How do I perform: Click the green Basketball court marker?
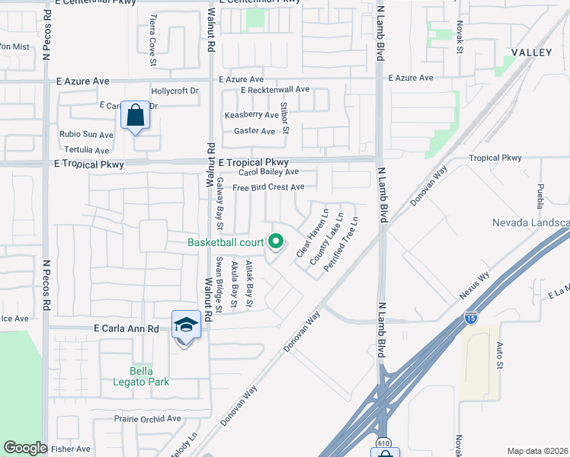pyautogui.click(x=276, y=243)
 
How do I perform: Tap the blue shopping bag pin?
pyautogui.click(x=135, y=117)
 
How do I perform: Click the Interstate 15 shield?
pyautogui.click(x=472, y=317)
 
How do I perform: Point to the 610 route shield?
pyautogui.click(x=385, y=443)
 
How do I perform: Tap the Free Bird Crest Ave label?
pyautogui.click(x=268, y=187)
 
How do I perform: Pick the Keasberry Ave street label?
pyautogui.click(x=251, y=115)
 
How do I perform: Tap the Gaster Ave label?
pyautogui.click(x=255, y=131)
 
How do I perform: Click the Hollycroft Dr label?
pyautogui.click(x=175, y=91)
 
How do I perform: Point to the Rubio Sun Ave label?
pyautogui.click(x=86, y=135)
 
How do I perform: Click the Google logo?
pyautogui.click(x=25, y=448)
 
